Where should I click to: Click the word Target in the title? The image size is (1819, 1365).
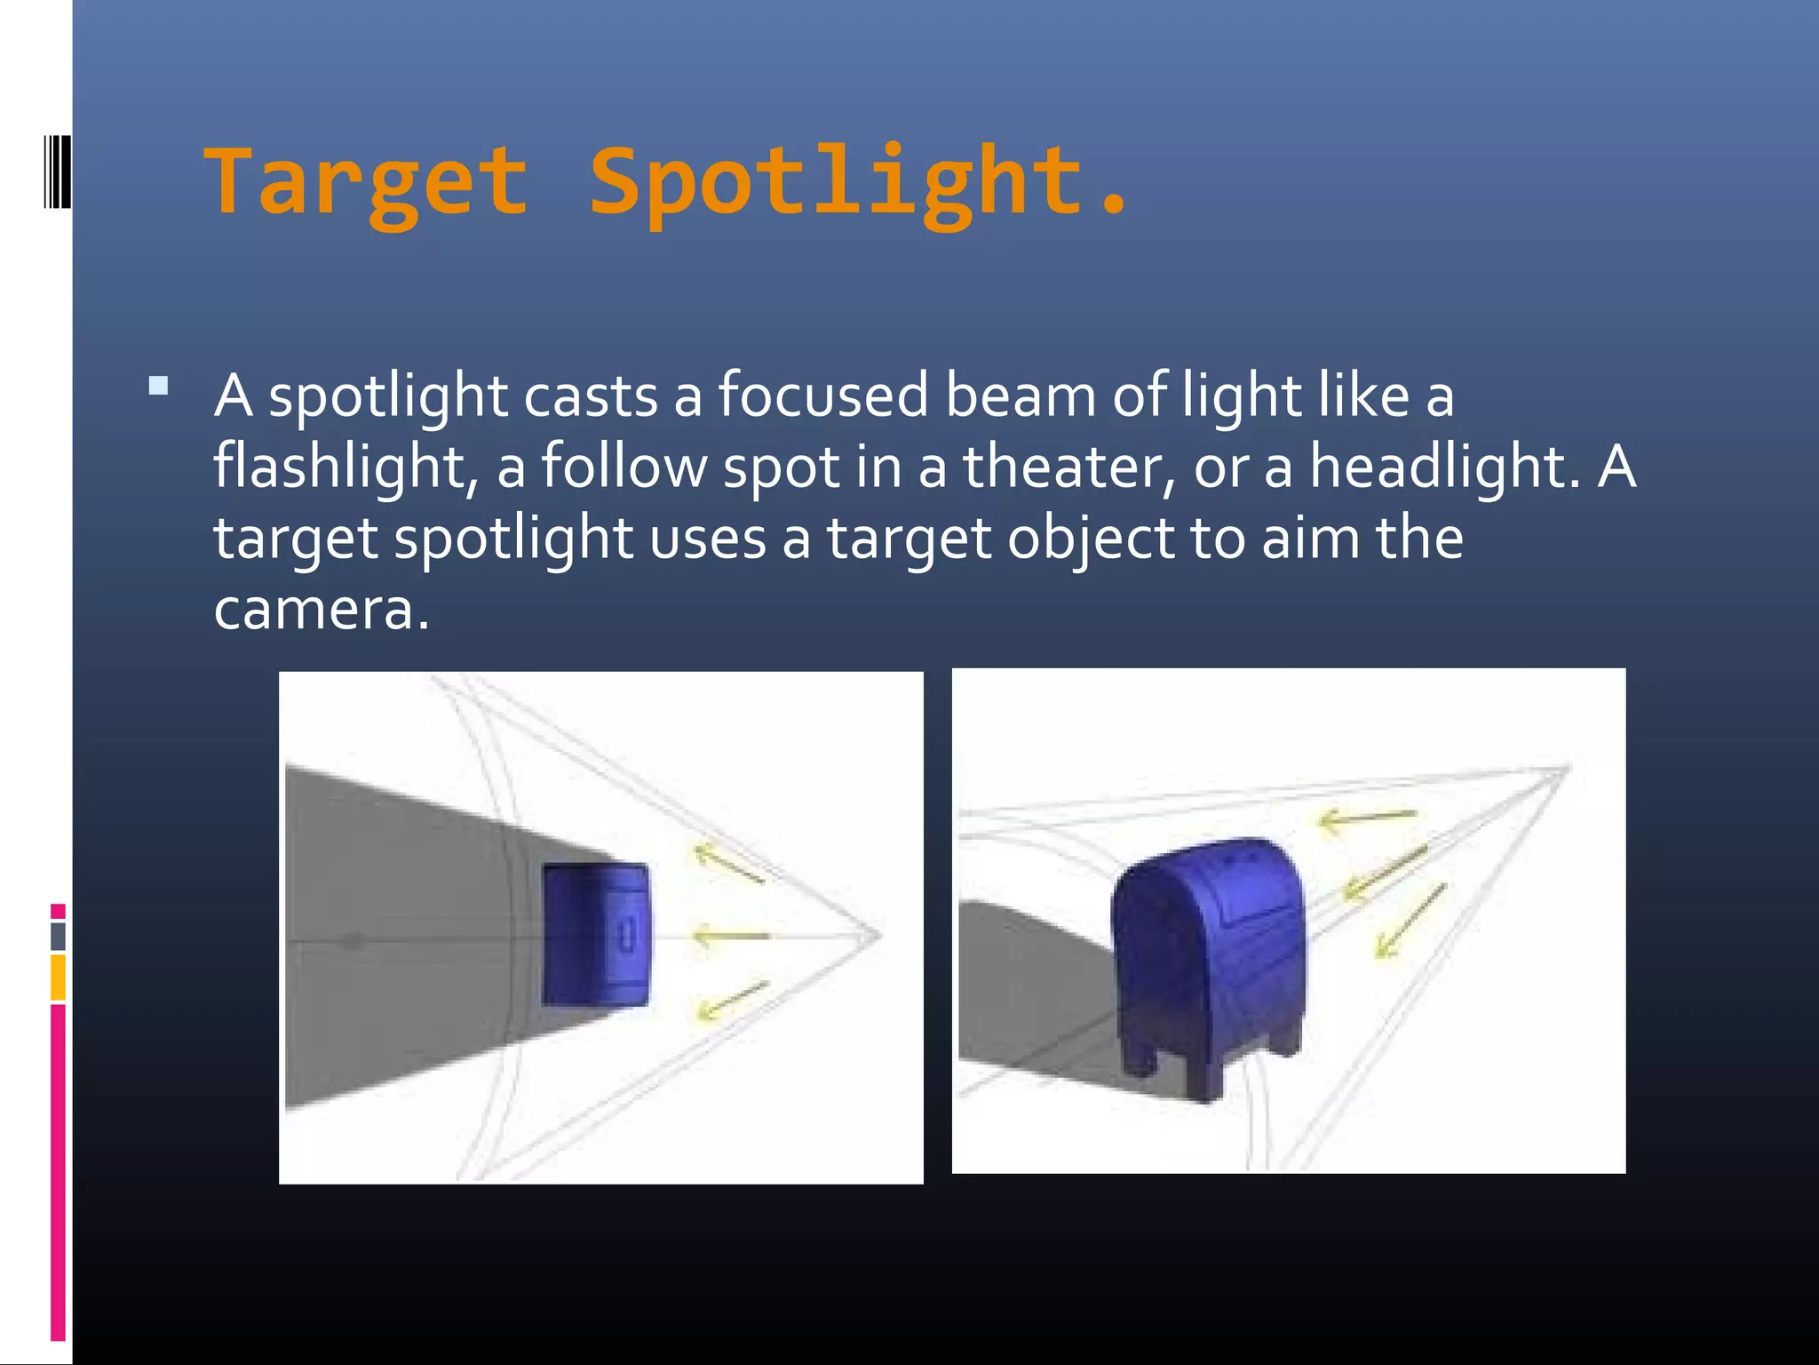pyautogui.click(x=367, y=182)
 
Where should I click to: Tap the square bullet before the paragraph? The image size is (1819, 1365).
pyautogui.click(x=159, y=386)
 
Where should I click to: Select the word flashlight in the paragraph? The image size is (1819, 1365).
pyautogui.click(x=339, y=467)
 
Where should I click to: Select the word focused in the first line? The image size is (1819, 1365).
pyautogui.click(x=822, y=395)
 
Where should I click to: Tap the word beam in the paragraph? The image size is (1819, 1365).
pyautogui.click(x=1020, y=395)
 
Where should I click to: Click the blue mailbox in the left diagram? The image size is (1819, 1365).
pyautogui.click(x=595, y=935)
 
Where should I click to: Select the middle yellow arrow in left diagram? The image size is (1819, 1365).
pyautogui.click(x=730, y=936)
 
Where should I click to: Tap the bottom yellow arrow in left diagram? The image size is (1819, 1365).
pyautogui.click(x=732, y=1000)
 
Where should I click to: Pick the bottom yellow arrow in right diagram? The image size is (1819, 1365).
pyautogui.click(x=1410, y=921)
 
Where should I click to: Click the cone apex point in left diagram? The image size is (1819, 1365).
pyautogui.click(x=879, y=934)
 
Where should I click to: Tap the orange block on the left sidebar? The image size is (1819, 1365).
pyautogui.click(x=58, y=977)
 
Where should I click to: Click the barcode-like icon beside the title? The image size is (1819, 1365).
pyautogui.click(x=57, y=171)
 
